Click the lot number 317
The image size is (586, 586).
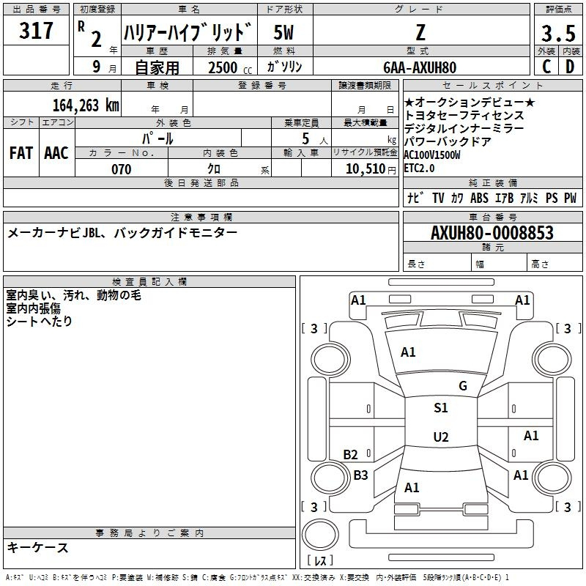point(37,31)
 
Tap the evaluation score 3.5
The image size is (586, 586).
point(557,32)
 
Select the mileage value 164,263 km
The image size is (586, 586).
point(85,104)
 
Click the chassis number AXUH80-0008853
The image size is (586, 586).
point(492,233)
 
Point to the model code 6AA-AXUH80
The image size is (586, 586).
point(419,67)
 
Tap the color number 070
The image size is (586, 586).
point(121,169)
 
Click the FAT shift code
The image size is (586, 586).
point(21,153)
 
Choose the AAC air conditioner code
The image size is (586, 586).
point(56,153)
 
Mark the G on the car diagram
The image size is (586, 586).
point(462,386)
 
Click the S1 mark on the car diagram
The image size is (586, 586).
point(440,408)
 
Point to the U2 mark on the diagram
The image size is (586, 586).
point(440,437)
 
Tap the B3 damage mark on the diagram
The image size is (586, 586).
point(360,475)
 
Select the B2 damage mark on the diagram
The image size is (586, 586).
point(350,455)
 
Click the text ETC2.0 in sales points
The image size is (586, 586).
point(419,168)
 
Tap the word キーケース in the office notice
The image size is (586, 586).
point(37,547)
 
